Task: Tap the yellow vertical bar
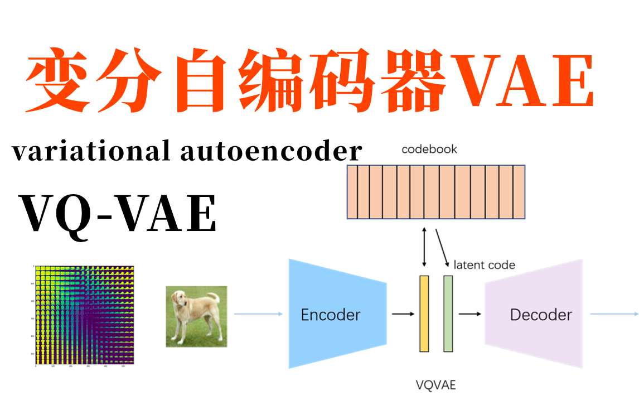click(424, 314)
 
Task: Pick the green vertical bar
click(448, 314)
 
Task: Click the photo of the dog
click(196, 316)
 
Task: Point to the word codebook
click(429, 150)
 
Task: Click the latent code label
click(484, 265)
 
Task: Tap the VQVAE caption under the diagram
click(436, 384)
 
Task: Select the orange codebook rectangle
click(435, 192)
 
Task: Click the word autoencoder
click(272, 151)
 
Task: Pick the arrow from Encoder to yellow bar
click(403, 314)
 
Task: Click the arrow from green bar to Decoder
click(469, 314)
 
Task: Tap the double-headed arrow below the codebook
click(425, 246)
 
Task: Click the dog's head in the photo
click(180, 298)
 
